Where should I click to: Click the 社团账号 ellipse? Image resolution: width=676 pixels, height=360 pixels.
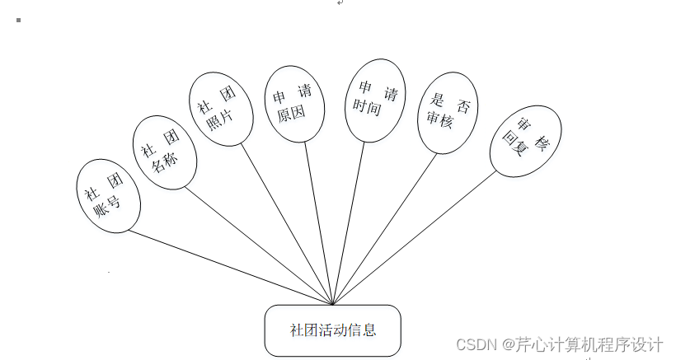108,195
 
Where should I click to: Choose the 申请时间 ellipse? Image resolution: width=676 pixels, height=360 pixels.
375,99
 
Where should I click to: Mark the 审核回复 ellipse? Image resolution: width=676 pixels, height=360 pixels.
526,141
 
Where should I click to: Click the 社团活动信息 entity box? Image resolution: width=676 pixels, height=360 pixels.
332,330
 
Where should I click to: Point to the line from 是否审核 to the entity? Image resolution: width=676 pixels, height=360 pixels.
384,227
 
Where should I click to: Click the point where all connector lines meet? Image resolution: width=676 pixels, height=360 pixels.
332,304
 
